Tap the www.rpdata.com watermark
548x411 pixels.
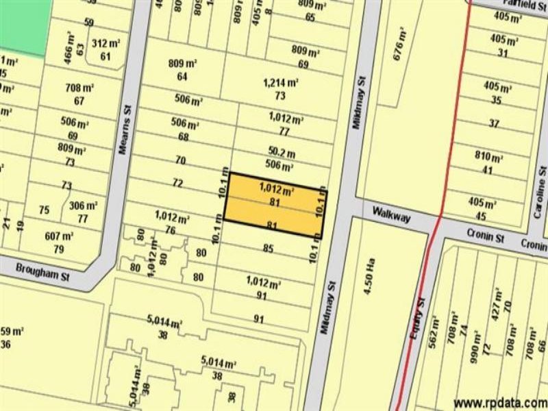[x=499, y=402]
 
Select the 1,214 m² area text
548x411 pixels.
[x=281, y=83]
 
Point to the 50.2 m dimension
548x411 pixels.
[x=282, y=152]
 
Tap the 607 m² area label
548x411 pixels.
[x=59, y=236]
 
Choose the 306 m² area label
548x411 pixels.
[x=83, y=206]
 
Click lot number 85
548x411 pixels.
[x=269, y=248]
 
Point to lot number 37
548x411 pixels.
[x=494, y=123]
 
